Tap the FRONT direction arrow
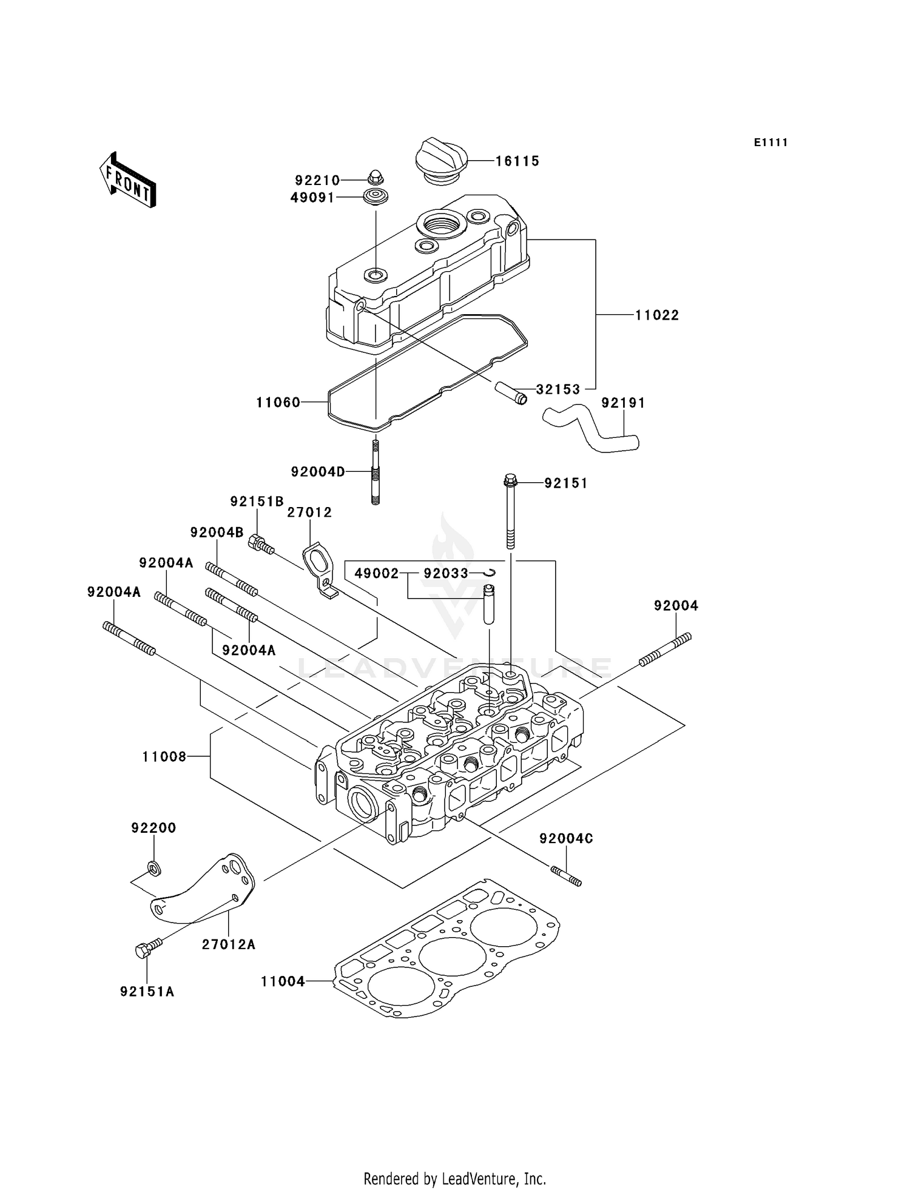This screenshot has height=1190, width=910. (128, 181)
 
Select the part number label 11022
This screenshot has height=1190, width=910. (657, 315)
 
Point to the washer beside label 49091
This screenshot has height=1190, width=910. (376, 197)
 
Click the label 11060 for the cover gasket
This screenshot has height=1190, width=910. (278, 402)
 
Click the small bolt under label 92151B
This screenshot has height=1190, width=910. (261, 543)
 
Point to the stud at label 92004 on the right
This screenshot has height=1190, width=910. (665, 650)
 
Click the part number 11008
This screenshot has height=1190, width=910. (164, 756)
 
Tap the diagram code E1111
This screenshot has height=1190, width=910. (770, 143)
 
